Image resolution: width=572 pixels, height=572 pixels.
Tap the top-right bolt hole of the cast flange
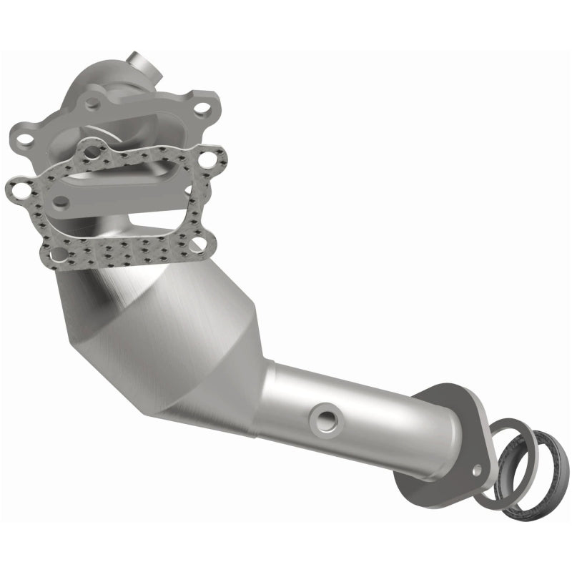pos(202,109)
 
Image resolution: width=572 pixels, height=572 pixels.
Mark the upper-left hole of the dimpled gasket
pos(92,151)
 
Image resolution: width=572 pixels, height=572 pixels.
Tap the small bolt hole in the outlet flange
pos(477,468)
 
